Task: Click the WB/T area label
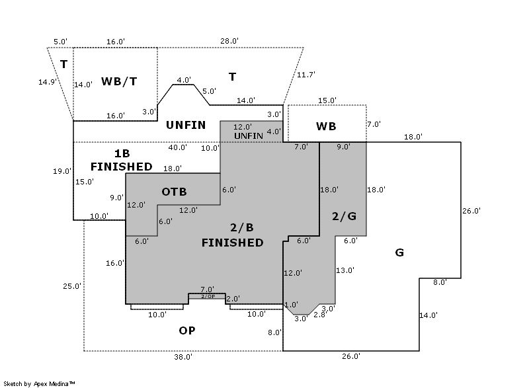coord(120,81)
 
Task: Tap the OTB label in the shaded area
coord(174,192)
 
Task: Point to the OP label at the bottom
coord(187,330)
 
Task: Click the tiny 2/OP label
coord(208,296)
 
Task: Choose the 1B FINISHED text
coord(121,159)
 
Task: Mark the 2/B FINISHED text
coord(232,235)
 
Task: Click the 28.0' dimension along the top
coord(229,41)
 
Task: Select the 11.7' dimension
coord(306,75)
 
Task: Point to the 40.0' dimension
coord(177,147)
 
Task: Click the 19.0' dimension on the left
coord(62,171)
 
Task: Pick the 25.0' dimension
coord(72,286)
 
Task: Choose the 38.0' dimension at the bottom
coord(183,356)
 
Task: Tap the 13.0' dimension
coord(345,270)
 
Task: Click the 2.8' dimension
coord(319,315)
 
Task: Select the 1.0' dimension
coord(291,304)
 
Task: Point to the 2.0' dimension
coord(233,299)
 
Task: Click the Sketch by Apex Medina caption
coord(39,383)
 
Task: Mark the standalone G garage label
coord(399,252)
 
